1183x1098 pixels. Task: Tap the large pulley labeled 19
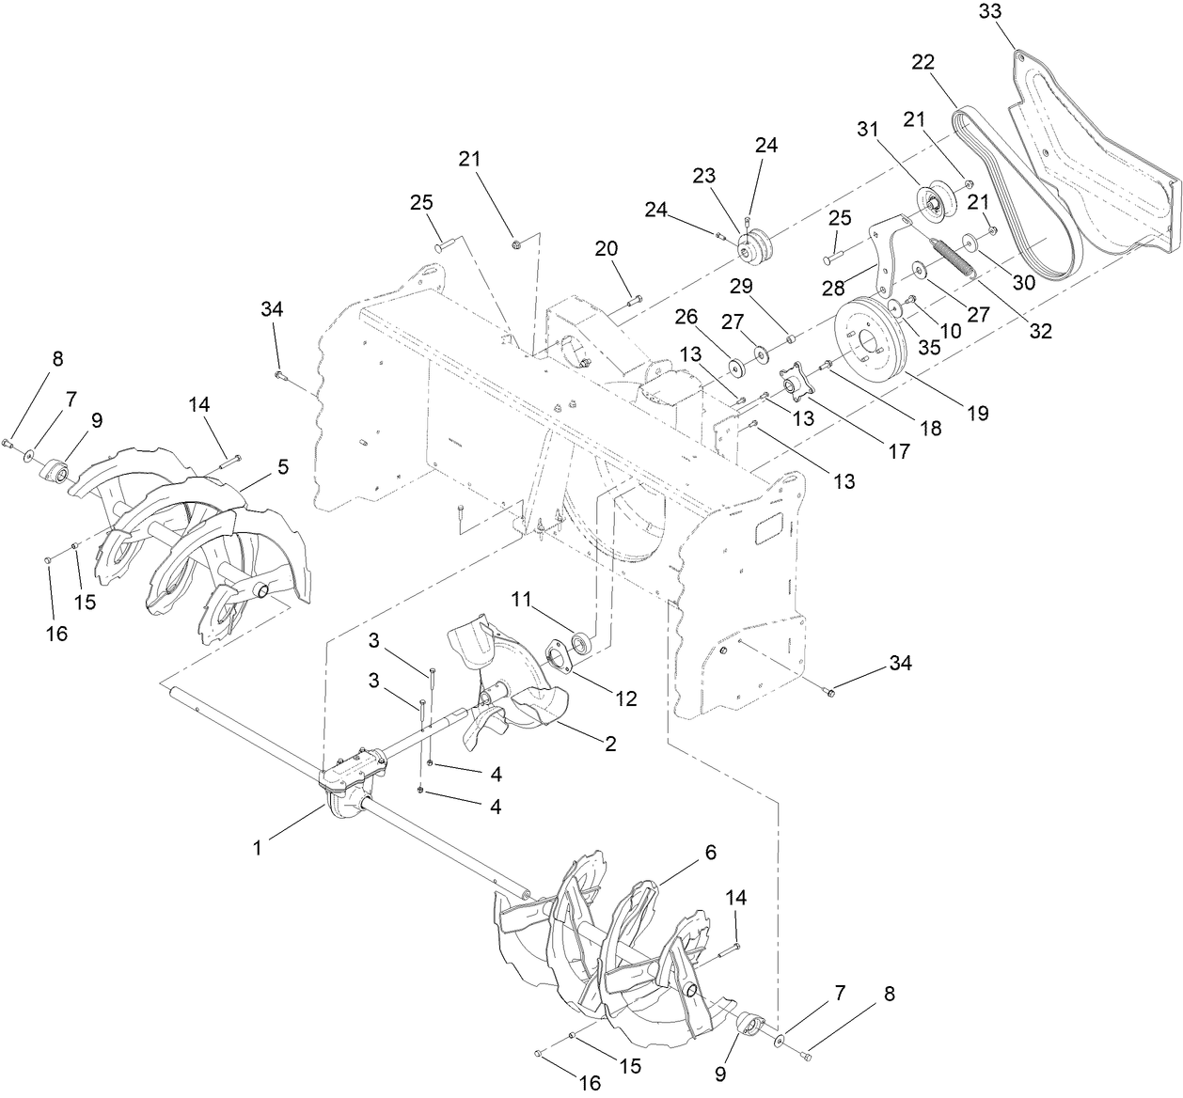pos(869,344)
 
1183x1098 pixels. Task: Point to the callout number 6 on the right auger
pos(710,853)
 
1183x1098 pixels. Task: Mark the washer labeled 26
pos(732,365)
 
